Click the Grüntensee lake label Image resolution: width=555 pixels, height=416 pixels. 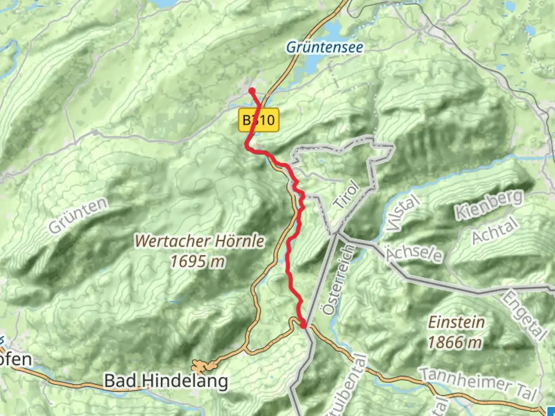[x=325, y=47]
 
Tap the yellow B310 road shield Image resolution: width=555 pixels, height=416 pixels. [x=259, y=120]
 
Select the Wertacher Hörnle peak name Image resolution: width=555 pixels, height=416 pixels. [x=200, y=242]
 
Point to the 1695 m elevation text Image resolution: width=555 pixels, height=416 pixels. [x=197, y=262]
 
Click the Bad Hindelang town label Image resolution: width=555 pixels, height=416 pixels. [x=166, y=381]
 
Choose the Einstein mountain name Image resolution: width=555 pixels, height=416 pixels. [x=456, y=322]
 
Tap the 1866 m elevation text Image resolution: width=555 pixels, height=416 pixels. [x=455, y=342]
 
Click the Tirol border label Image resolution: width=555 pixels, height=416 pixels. [x=346, y=195]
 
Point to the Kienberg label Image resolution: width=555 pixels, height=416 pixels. [x=489, y=205]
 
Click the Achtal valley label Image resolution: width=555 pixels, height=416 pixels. [x=495, y=230]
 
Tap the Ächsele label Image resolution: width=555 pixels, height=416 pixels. [x=414, y=254]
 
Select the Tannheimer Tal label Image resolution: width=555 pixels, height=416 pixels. [x=478, y=383]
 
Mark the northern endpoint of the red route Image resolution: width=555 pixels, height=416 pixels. [x=252, y=91]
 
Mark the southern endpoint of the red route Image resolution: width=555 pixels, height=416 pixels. [x=304, y=326]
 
